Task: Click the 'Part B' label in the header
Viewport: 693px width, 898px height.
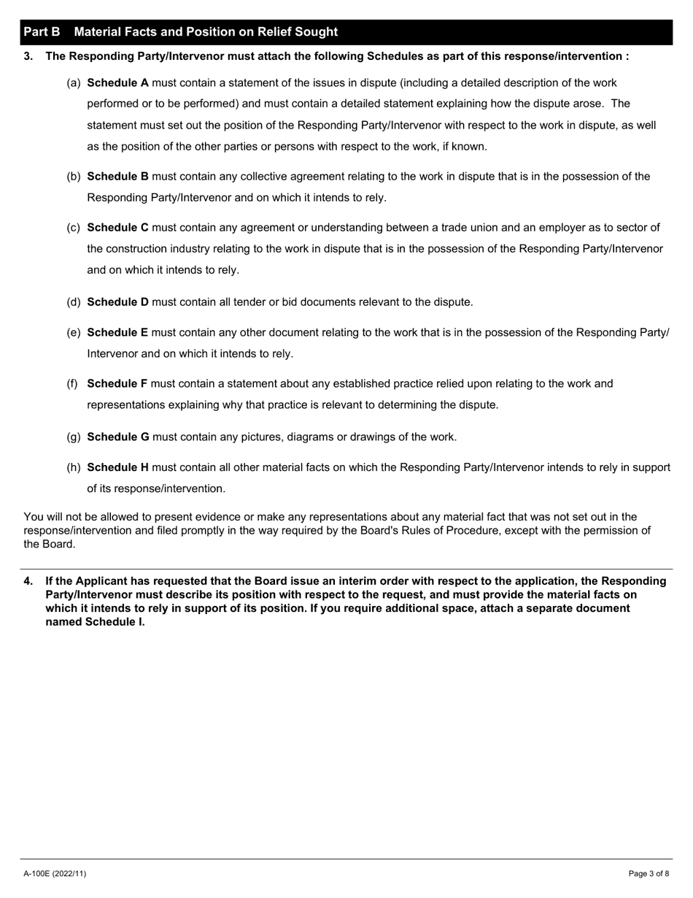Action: pos(42,32)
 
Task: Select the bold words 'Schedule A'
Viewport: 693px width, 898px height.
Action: pos(117,83)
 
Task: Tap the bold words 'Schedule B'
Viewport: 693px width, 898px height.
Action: pos(117,177)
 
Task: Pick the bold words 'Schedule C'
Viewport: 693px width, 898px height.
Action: pos(117,228)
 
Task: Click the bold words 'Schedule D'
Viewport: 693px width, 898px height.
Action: pos(117,302)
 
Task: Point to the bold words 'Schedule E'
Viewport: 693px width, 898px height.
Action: pos(117,333)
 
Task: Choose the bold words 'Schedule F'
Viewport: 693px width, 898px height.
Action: pos(117,384)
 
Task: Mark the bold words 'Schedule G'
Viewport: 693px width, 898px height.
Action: pos(118,437)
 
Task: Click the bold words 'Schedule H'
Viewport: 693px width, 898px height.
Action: pos(117,467)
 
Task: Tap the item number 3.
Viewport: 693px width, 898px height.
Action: pos(28,56)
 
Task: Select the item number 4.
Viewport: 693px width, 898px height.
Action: pos(28,581)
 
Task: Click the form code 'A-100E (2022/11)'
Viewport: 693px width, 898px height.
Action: pos(55,874)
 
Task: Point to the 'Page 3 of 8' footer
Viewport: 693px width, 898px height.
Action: pos(649,874)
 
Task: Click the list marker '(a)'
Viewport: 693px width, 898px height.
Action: pos(74,83)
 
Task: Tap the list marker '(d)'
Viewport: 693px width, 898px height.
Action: pos(74,302)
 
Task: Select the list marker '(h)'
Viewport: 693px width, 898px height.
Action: pos(74,467)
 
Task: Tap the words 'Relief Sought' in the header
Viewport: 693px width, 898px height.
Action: pos(300,32)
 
